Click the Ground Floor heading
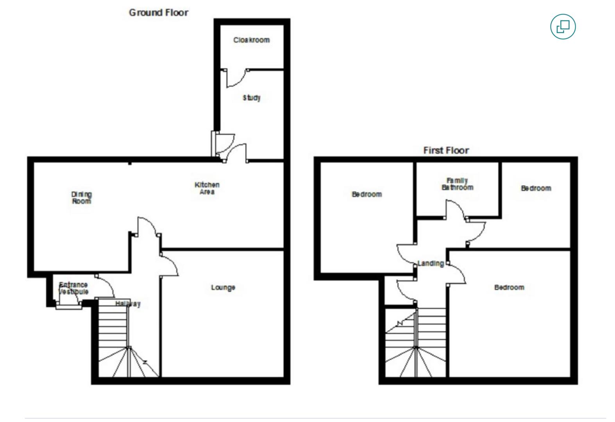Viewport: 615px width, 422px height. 159,13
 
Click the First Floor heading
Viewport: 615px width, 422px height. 446,150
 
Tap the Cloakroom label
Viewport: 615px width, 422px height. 251,40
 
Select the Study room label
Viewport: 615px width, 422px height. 251,98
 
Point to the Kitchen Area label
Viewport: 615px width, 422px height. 207,188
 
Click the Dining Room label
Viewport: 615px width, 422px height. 81,198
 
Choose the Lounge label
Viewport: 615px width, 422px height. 223,288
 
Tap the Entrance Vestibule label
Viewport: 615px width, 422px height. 73,288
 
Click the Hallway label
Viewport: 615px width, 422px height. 128,304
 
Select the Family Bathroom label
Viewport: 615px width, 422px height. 457,184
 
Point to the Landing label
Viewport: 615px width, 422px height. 431,263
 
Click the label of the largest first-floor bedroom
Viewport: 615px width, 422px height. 509,288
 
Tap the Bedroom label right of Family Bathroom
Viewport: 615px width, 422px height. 536,188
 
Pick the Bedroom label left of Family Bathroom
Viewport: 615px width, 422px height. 366,194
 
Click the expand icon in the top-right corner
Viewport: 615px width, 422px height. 563,27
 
